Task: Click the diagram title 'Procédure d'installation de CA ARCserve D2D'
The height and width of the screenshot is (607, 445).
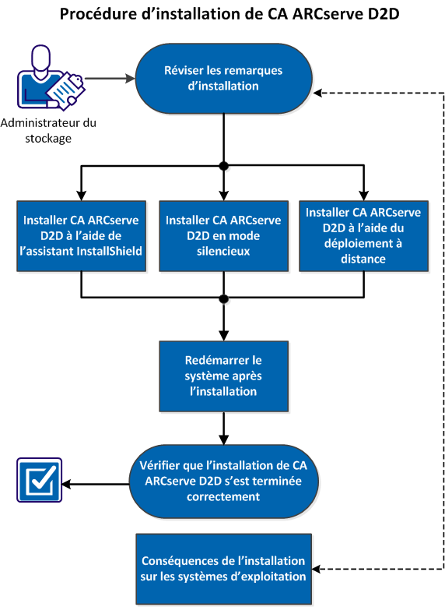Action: click(223, 15)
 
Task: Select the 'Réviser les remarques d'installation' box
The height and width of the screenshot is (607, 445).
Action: click(223, 78)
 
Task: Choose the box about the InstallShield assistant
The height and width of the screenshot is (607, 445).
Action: click(82, 236)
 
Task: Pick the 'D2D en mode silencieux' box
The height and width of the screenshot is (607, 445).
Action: click(223, 236)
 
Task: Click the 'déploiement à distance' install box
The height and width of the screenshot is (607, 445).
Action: click(363, 236)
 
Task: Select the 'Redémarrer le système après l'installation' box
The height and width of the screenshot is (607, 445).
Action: click(223, 376)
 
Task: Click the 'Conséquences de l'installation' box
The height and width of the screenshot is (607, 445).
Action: click(223, 570)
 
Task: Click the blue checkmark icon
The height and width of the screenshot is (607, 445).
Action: click(37, 483)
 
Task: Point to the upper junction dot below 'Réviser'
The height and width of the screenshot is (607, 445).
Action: click(224, 166)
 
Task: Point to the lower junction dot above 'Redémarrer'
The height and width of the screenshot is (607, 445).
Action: click(224, 298)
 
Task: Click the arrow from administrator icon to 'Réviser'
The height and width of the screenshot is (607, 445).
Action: click(109, 79)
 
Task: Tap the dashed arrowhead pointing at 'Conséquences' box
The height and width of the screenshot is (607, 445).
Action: click(317, 570)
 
